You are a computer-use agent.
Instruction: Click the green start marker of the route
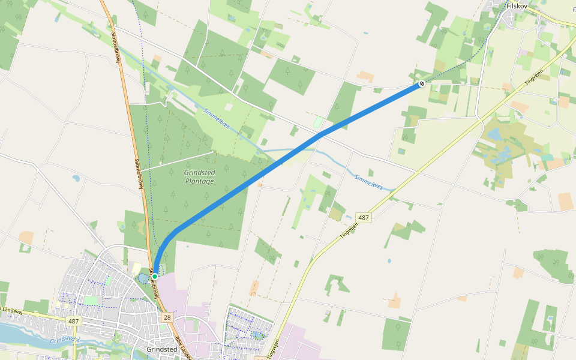154,276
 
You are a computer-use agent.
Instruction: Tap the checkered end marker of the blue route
422,83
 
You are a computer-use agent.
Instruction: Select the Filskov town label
516,6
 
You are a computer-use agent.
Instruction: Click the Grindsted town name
161,349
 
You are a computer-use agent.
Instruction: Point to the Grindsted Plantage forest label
199,176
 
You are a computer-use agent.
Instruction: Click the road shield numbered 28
167,317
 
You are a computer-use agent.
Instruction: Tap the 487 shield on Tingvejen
363,217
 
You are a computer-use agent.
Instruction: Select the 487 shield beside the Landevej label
73,322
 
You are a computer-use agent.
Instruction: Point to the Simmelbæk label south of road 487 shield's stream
368,182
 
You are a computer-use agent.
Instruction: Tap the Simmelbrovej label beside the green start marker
157,287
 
